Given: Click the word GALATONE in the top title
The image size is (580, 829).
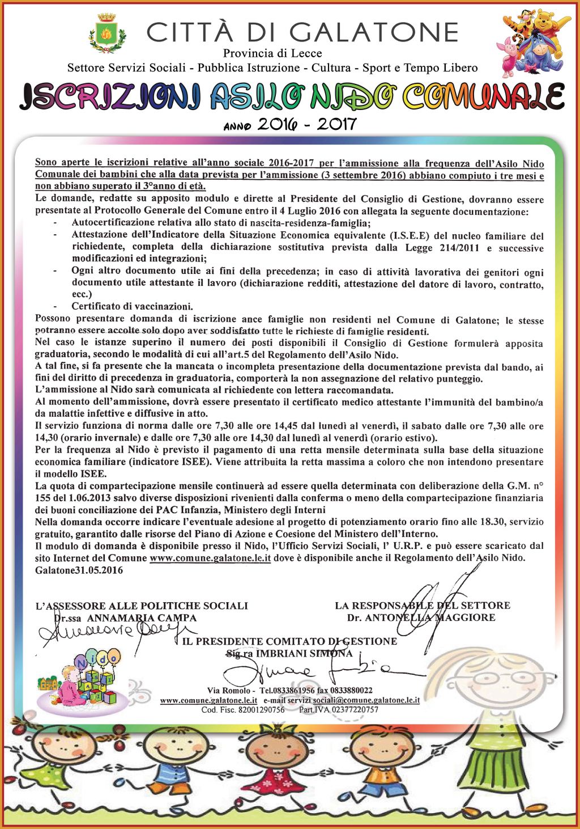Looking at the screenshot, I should [x=378, y=32].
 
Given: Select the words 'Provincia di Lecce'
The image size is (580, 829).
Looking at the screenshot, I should [x=272, y=53].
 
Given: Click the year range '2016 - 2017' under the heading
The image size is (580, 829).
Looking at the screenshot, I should [x=306, y=124].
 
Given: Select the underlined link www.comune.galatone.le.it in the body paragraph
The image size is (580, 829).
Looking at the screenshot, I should [x=210, y=558].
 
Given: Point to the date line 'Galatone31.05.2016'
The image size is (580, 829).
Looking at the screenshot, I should [x=79, y=570].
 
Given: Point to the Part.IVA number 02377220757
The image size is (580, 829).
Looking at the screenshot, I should [x=355, y=709].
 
